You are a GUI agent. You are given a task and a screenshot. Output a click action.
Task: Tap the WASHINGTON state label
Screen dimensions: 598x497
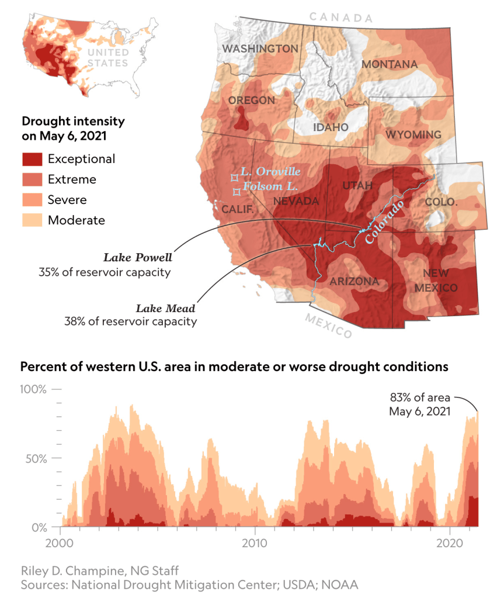tap(260, 49)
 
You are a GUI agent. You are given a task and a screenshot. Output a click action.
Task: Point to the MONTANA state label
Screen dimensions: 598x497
tap(390, 64)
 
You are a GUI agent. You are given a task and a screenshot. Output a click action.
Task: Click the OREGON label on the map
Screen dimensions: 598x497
tap(252, 101)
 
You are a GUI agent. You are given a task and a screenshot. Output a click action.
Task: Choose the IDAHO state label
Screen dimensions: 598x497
tap(330, 127)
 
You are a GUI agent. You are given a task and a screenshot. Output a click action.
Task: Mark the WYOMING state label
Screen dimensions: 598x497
tap(413, 135)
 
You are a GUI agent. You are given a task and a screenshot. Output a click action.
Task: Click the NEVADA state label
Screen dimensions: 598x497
tap(296, 201)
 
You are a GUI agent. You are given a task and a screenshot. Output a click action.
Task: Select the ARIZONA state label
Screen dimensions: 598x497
tap(354, 282)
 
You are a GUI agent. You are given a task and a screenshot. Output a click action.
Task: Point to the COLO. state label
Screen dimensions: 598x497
tap(442, 202)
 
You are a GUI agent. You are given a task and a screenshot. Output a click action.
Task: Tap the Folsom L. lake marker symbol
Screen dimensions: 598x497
tap(237, 191)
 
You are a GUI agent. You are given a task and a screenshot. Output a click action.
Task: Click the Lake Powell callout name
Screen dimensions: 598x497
tap(138, 257)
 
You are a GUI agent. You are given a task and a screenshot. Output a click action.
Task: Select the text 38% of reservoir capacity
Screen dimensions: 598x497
tap(130, 321)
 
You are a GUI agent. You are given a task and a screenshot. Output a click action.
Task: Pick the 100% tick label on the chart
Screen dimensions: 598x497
tap(34, 389)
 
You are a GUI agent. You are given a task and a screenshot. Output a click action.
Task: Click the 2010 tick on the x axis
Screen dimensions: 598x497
tap(255, 542)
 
